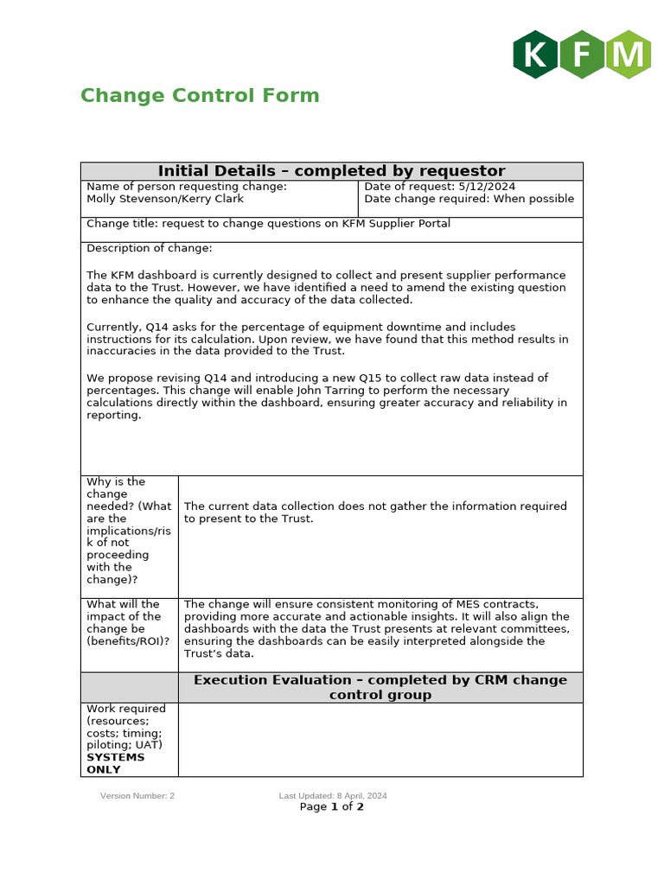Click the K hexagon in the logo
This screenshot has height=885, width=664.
(x=535, y=54)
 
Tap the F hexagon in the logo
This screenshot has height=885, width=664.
(x=582, y=54)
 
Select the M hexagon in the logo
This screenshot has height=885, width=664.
(x=629, y=54)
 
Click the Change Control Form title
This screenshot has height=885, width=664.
(x=200, y=96)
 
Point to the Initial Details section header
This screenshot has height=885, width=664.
(x=331, y=171)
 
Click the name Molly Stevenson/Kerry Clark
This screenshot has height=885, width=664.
(x=165, y=199)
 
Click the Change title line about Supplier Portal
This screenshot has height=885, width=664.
(x=268, y=224)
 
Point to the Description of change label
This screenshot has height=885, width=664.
(x=149, y=249)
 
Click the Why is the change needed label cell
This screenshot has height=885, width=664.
(x=129, y=531)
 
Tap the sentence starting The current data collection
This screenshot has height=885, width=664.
(x=375, y=513)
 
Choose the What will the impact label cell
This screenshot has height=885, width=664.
(x=129, y=623)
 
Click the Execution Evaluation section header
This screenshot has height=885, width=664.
(x=380, y=687)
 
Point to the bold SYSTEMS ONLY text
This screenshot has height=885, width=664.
(x=116, y=763)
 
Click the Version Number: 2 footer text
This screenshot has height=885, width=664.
(x=137, y=796)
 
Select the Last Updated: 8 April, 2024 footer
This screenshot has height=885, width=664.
(x=333, y=796)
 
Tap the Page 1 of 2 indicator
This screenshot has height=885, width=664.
(x=332, y=807)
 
